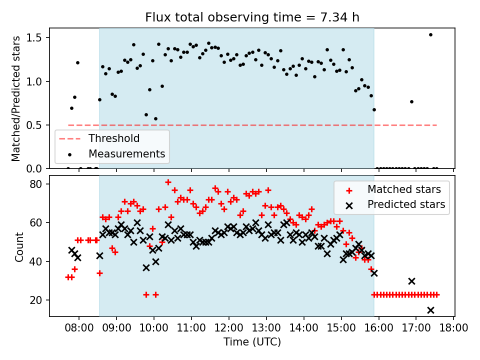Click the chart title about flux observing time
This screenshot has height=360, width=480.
point(252,17)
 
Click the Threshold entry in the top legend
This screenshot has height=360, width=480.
point(114,138)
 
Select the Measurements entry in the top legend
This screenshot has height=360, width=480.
point(126,153)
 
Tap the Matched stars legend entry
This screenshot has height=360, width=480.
point(404,189)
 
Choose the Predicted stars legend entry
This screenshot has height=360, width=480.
point(406,204)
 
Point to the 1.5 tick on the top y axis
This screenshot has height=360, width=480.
point(38,38)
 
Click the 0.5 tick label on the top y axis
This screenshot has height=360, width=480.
point(38,125)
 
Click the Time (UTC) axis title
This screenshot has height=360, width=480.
point(252,342)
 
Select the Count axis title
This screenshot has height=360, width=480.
point(19,246)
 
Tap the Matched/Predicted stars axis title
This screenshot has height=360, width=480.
point(16,98)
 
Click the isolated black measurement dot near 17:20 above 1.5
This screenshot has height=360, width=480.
point(430,34)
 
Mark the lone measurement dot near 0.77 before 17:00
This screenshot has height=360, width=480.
point(411,101)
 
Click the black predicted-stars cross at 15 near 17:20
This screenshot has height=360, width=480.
point(430,310)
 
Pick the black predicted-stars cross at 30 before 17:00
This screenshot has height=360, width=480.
point(411,281)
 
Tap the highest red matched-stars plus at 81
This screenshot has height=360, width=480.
point(168,182)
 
